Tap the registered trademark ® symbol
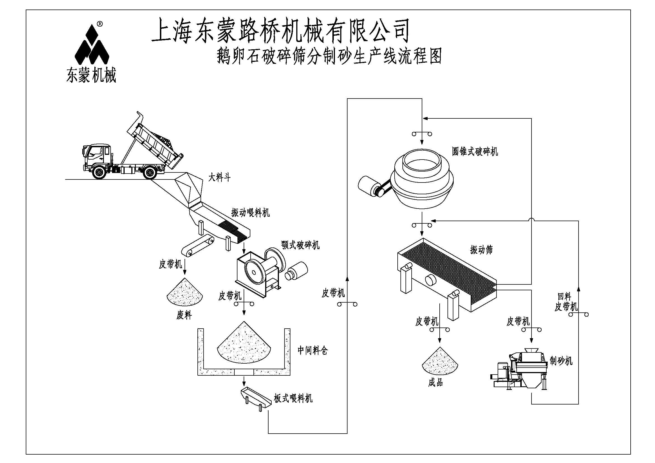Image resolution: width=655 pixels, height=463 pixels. coord(100,24)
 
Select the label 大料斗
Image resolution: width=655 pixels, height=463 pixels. coord(219,178)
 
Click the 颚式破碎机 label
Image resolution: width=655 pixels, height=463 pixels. coord(300,245)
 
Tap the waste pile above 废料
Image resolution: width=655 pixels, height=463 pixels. coord(185,292)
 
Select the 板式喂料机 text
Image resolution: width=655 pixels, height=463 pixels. coord(293,398)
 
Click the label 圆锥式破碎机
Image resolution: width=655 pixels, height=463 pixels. coord(475,151)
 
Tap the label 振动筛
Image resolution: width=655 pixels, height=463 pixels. coord(481,250)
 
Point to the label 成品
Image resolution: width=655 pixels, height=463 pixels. coord(435,383)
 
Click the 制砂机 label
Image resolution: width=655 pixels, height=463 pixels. coord(561,361)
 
